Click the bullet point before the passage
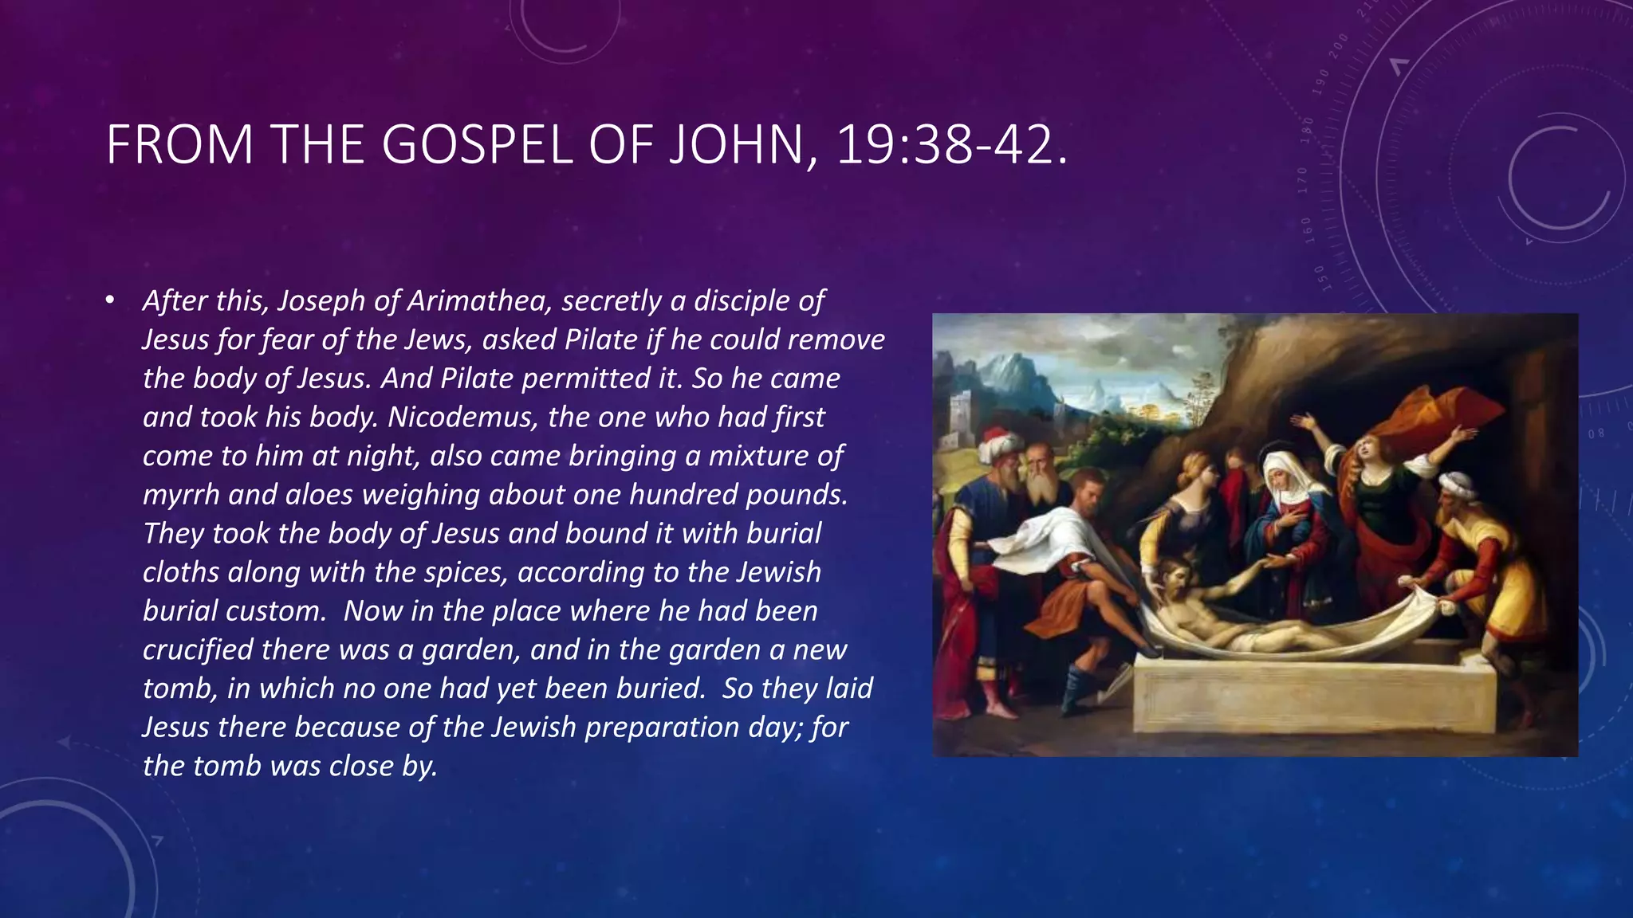(110, 301)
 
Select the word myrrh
(180, 495)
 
